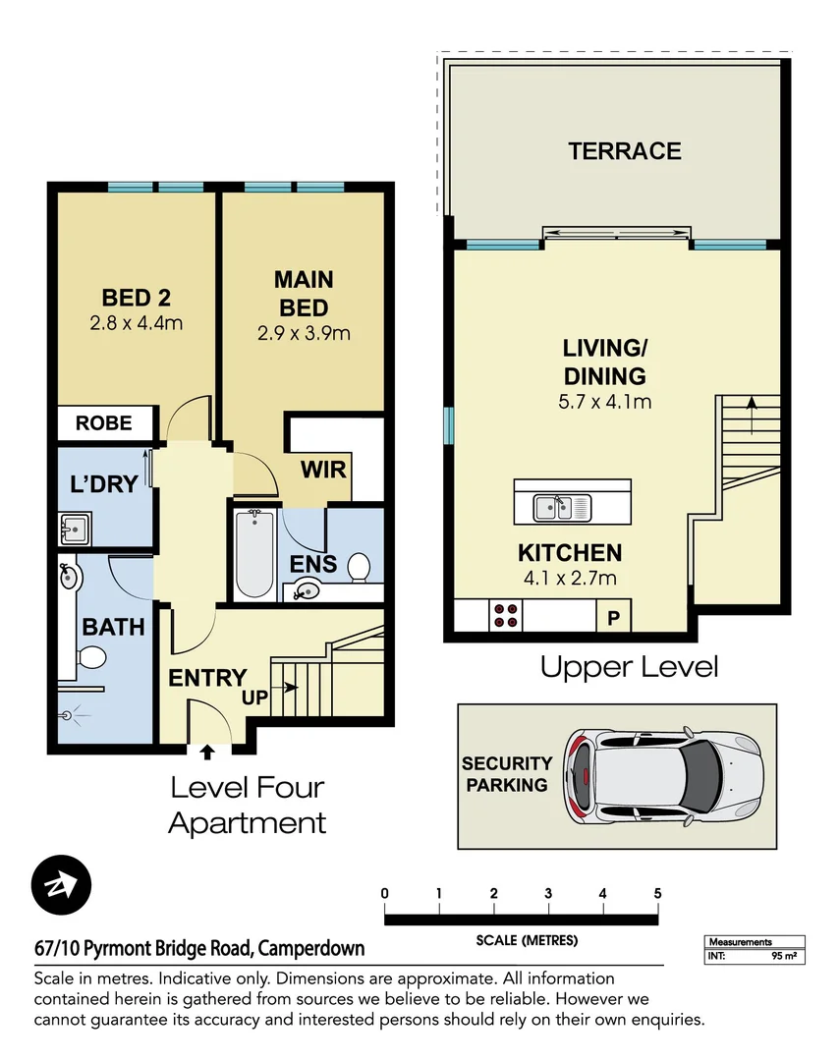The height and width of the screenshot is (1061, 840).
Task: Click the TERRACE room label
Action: (624, 151)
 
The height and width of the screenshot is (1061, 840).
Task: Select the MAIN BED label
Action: (304, 294)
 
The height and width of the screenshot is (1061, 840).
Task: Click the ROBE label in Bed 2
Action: (103, 423)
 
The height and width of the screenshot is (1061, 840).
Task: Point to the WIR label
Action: (324, 470)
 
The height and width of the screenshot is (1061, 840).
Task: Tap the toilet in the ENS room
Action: (359, 567)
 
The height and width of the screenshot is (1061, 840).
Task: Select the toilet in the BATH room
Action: (90, 656)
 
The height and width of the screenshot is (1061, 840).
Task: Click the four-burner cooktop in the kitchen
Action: (506, 615)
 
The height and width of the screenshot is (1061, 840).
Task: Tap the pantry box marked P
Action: (614, 618)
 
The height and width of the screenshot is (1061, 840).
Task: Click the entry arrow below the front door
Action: (207, 753)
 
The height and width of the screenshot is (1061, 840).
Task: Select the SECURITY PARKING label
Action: (507, 774)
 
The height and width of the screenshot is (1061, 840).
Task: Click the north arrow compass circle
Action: (61, 886)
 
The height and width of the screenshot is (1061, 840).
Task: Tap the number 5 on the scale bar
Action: (657, 893)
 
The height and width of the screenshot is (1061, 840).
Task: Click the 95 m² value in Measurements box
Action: (784, 955)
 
